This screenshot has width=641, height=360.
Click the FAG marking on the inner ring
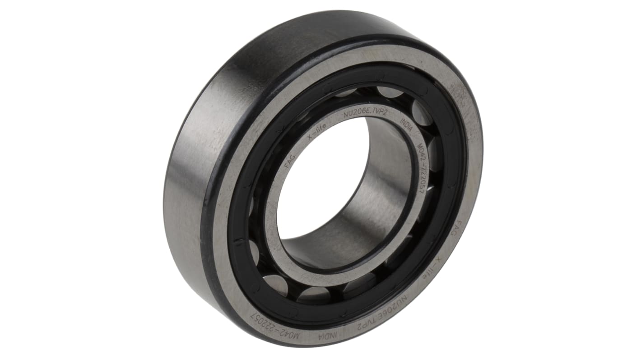[290, 161]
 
